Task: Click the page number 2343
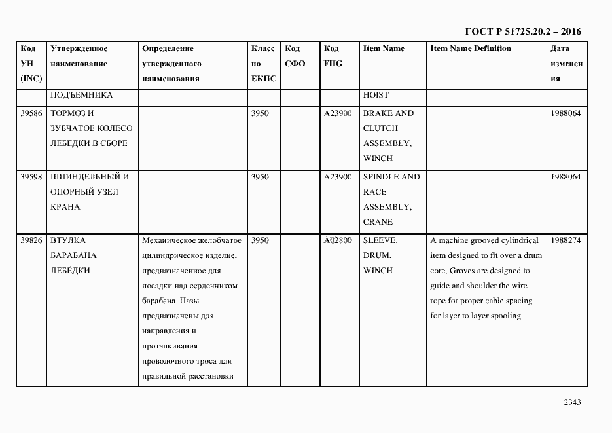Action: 571,402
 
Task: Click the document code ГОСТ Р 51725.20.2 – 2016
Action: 522,31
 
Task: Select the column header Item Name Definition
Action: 470,48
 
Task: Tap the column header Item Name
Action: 384,48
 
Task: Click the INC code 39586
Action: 31,113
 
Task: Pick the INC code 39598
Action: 31,177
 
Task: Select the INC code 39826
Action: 31,240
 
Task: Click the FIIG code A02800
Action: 338,240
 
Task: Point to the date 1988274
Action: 566,240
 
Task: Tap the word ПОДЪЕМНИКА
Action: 81,95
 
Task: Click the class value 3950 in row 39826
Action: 260,240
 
